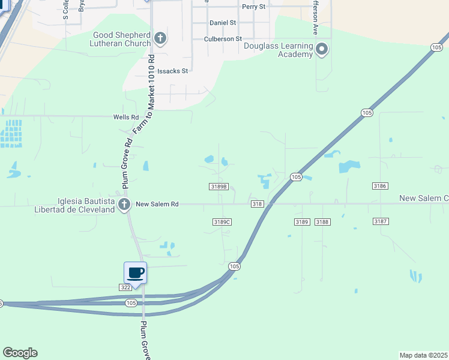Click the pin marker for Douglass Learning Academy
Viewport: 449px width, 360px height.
pos(322,49)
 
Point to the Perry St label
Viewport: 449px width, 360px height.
pos(253,7)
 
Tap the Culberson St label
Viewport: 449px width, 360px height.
pos(222,38)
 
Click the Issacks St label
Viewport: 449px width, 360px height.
pos(172,71)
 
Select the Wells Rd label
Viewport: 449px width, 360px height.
pos(126,117)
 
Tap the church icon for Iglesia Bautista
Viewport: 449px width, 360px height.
pos(124,205)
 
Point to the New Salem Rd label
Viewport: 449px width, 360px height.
pos(157,204)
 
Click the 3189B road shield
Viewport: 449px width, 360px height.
pos(219,187)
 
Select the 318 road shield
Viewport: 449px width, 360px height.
pos(258,204)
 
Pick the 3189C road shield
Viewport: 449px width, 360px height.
pos(222,222)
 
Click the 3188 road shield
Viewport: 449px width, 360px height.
pos(322,222)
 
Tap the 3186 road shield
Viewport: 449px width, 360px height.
pos(379,187)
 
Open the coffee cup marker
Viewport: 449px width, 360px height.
pos(136,274)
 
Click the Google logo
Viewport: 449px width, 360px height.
pos(20,353)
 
